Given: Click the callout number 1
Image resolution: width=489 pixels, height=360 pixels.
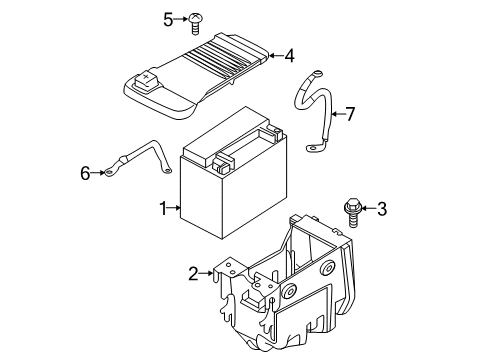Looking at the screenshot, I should click(161, 208).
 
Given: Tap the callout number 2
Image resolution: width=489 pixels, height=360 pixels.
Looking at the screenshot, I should click(193, 271).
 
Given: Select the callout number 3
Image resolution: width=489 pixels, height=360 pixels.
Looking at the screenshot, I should click(381, 208).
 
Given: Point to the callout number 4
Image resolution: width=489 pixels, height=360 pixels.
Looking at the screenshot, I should click(288, 56).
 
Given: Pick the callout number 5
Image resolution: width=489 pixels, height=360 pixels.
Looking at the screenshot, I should click(168, 18).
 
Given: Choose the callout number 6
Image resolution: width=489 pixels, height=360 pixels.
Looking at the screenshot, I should click(85, 174).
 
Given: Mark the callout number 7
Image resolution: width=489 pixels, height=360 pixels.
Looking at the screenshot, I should click(351, 114).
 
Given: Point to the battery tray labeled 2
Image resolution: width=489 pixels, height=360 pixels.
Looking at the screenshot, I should click(290, 290).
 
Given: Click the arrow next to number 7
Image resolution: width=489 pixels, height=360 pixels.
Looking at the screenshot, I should click(337, 114).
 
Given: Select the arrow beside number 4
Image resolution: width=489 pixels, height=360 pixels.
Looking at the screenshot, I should click(274, 56).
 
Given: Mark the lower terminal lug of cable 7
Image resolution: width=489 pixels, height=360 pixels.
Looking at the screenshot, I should click(317, 150).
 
